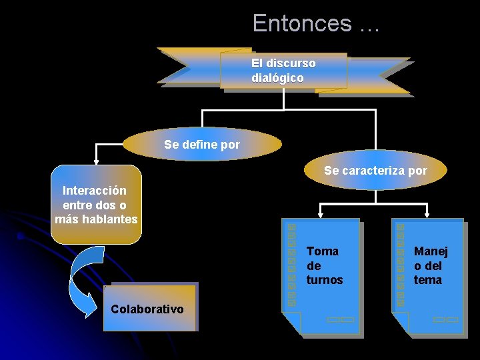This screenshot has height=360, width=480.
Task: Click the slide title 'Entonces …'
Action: (x=315, y=23)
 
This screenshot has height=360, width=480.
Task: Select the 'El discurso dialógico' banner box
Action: (x=284, y=71)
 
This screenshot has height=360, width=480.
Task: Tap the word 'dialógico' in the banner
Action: (x=277, y=78)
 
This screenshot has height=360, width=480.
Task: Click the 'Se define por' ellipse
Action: (x=202, y=144)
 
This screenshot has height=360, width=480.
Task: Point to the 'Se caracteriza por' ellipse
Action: (x=375, y=171)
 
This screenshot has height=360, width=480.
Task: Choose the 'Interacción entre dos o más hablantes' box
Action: (x=96, y=204)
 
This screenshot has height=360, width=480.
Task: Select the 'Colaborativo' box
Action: (x=149, y=308)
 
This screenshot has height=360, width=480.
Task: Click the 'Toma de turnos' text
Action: (x=324, y=265)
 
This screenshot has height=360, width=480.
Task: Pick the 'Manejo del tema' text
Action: (x=431, y=265)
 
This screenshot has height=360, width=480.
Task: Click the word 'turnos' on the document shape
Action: (x=325, y=280)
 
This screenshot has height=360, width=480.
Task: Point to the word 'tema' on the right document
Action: (x=428, y=280)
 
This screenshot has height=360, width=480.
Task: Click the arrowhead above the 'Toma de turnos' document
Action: (x=321, y=215)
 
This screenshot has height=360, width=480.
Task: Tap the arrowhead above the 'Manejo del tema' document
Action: (x=427, y=215)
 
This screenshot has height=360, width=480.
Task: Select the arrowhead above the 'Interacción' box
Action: (x=96, y=160)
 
